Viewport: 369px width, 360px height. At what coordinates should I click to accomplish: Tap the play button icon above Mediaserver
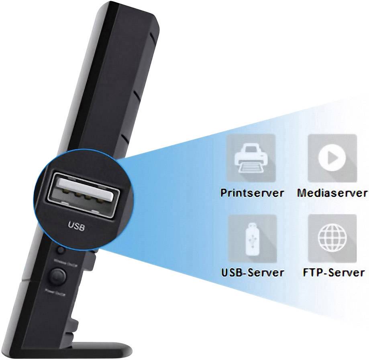point(332,158)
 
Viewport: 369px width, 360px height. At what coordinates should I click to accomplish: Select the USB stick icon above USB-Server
point(252,238)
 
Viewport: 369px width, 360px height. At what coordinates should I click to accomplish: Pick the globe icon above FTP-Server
point(332,238)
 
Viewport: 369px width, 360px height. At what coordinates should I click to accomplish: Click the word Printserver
point(252,193)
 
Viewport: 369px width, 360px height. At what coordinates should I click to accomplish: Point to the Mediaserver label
point(332,193)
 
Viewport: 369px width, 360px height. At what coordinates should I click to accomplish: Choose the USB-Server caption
point(253,273)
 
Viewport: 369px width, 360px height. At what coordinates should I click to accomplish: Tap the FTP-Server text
point(333,273)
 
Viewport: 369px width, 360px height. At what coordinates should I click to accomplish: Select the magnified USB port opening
point(83,194)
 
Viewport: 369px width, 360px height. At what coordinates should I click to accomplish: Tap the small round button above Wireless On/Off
point(61,250)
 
